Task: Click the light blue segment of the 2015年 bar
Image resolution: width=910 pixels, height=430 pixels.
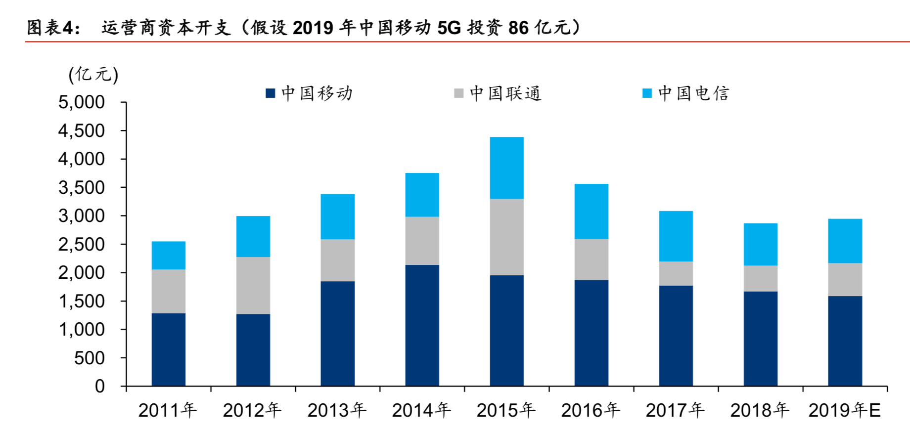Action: tap(506, 168)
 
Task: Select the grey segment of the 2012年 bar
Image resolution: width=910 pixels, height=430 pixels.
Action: tap(253, 285)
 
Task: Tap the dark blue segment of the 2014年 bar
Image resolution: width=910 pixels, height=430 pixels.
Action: tap(422, 325)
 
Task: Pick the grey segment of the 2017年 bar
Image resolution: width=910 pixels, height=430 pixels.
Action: tap(676, 273)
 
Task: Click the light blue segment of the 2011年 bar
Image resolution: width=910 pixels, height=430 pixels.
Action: tap(168, 255)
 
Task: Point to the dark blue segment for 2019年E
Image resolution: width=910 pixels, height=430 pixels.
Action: tap(845, 341)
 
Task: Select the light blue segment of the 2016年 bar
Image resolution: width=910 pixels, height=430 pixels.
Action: tap(591, 212)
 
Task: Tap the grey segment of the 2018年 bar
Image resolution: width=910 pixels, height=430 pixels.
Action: tap(760, 278)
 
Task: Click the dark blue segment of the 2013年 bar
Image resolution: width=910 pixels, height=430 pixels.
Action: tap(337, 334)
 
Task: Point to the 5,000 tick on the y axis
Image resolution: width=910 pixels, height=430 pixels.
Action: tap(82, 102)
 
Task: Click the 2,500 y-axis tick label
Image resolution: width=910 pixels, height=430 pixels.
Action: tap(82, 244)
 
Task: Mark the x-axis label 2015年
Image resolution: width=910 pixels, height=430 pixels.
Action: tap(506, 410)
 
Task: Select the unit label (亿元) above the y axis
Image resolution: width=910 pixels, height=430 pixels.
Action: tap(93, 75)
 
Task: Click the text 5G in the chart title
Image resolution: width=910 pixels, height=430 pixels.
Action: tap(449, 28)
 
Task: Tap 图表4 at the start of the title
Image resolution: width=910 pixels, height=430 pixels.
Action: tap(51, 28)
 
